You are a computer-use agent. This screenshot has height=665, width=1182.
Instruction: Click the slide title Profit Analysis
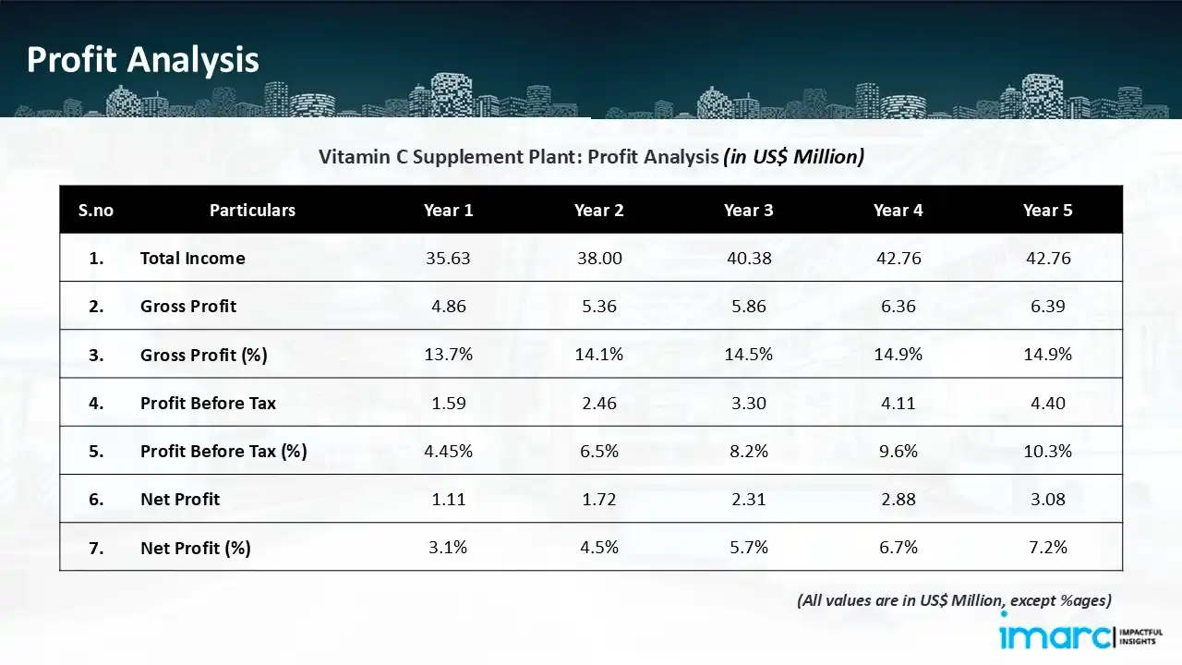(143, 60)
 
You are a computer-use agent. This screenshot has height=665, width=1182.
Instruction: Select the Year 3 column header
(748, 211)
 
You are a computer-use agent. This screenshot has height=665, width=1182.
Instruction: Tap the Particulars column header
(252, 211)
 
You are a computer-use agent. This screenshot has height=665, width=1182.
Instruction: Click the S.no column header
(96, 211)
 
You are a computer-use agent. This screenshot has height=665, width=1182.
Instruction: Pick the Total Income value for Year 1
(448, 259)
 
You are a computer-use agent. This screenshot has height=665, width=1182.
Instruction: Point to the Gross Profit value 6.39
(1048, 307)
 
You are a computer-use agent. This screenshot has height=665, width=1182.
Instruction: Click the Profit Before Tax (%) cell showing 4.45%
(448, 452)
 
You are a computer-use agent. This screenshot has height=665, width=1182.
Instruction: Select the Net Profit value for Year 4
(898, 500)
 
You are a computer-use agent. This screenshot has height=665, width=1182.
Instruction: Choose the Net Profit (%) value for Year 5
(1048, 548)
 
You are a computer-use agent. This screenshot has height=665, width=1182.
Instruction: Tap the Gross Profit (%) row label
(203, 356)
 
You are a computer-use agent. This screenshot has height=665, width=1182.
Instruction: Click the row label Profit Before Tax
(208, 404)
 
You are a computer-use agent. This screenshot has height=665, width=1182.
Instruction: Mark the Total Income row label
(192, 259)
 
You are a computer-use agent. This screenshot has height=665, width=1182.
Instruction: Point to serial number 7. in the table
(96, 548)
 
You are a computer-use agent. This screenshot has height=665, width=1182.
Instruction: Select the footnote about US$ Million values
(954, 600)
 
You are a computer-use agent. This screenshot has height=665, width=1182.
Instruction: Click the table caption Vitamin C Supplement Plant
(591, 157)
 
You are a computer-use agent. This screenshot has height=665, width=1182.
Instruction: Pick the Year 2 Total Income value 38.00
(599, 259)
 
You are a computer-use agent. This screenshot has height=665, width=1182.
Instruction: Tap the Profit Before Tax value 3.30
(748, 404)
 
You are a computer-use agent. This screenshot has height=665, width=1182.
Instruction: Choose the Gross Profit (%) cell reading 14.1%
(599, 356)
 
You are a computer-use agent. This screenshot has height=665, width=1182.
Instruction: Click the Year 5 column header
(1048, 211)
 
